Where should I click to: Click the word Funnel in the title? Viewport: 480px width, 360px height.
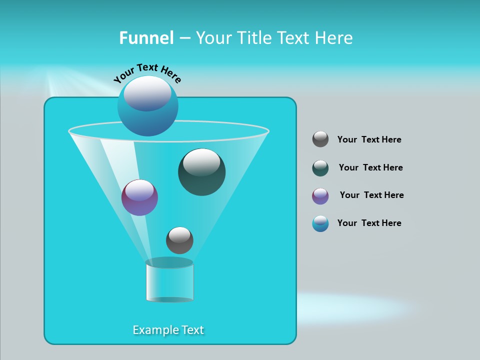click(x=146, y=38)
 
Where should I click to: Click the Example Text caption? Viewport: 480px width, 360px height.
click(x=168, y=330)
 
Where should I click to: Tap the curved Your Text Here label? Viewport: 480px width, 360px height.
click(x=147, y=72)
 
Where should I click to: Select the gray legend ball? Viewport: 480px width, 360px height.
click(x=320, y=139)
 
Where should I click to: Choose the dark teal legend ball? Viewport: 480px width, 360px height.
click(x=320, y=168)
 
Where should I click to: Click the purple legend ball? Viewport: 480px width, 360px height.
click(x=320, y=196)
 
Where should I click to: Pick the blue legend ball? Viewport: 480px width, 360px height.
click(x=320, y=223)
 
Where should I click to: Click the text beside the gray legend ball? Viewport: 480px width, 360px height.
click(x=369, y=139)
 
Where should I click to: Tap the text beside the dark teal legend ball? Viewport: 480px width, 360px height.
click(x=370, y=167)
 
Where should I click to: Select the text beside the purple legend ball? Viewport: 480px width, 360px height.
click(x=371, y=195)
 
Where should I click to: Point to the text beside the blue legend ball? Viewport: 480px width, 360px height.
click(x=369, y=223)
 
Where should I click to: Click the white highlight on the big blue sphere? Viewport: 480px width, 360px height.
click(x=147, y=92)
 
